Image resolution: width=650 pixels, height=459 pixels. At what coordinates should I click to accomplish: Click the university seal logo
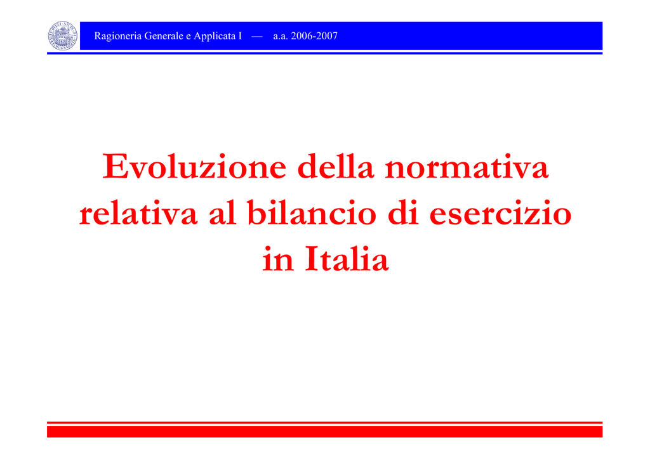click(63, 36)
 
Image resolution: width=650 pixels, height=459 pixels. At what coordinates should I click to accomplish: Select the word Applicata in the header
click(215, 36)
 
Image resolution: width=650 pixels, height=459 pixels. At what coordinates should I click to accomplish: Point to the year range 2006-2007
click(314, 36)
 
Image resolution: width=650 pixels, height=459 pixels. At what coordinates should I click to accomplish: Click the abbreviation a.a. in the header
click(281, 36)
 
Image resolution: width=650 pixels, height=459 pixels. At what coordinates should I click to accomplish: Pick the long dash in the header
click(257, 36)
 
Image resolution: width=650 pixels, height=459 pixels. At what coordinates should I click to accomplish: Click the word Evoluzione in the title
click(194, 166)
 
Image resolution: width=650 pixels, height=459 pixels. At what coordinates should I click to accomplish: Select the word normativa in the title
click(467, 167)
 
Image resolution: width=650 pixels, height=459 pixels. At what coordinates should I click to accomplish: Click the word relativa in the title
click(138, 213)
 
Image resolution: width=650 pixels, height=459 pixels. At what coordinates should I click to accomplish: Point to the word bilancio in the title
click(312, 212)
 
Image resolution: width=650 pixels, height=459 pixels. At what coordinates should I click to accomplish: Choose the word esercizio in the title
click(500, 213)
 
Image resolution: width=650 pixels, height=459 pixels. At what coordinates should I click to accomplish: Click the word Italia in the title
click(347, 259)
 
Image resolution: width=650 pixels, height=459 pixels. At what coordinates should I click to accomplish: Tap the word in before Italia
click(278, 260)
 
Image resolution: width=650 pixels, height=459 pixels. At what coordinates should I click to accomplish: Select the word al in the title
click(222, 212)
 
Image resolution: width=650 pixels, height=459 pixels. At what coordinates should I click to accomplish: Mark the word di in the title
click(402, 212)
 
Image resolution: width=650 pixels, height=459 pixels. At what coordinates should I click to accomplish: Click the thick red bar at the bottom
click(324, 432)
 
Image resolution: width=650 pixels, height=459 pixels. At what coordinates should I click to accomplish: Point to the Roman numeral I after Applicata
click(240, 36)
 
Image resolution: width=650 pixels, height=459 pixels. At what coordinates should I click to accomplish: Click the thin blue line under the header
click(324, 53)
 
